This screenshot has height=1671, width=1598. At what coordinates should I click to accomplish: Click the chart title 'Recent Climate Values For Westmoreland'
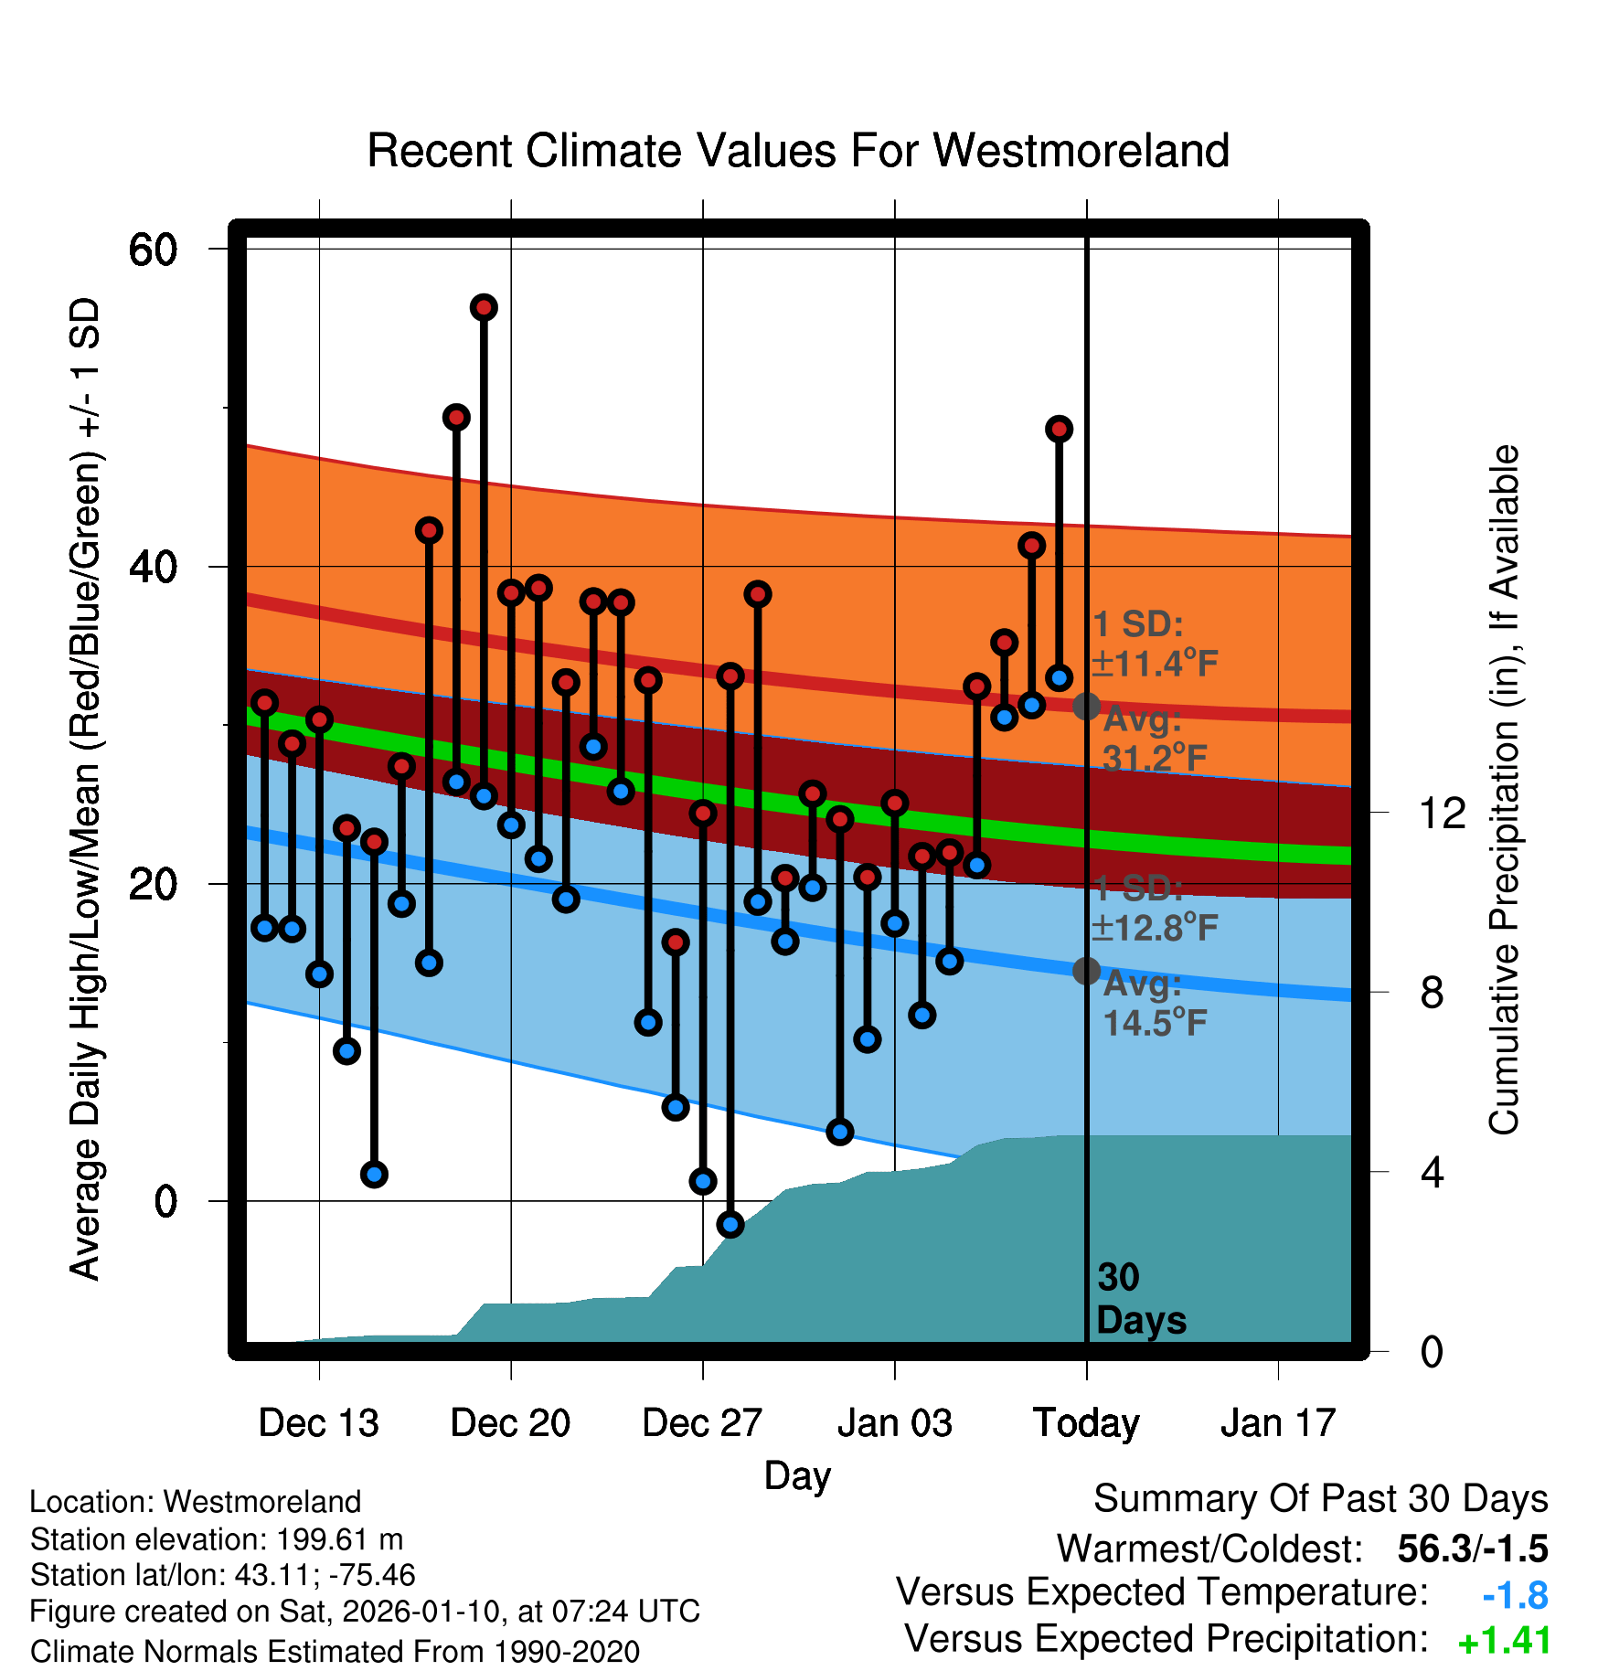[x=797, y=151]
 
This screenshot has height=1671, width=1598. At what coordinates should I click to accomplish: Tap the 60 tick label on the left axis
[x=153, y=250]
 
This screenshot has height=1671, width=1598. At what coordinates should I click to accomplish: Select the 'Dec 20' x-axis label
[x=510, y=1423]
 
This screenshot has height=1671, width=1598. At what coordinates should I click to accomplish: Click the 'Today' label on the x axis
[x=1086, y=1423]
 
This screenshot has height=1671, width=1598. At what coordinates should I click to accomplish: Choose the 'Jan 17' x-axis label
[x=1278, y=1423]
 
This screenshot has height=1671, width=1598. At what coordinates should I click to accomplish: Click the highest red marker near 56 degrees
[x=484, y=307]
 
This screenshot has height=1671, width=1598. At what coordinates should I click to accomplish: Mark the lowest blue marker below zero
[x=730, y=1224]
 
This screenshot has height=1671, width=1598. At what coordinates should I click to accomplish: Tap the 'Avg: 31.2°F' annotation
[x=1154, y=739]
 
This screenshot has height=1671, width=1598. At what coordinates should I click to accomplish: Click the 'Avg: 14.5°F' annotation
[x=1154, y=1004]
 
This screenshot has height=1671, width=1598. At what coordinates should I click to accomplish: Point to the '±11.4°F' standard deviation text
[x=1155, y=664]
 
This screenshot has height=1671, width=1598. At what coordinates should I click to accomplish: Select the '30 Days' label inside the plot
[x=1140, y=1299]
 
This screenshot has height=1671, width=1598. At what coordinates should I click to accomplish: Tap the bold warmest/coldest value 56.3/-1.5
[x=1472, y=1549]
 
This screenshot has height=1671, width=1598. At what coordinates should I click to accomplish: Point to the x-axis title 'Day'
[x=797, y=1475]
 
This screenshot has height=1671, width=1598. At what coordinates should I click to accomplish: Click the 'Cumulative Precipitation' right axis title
[x=1504, y=791]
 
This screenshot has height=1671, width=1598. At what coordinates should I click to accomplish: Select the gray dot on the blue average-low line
[x=1086, y=970]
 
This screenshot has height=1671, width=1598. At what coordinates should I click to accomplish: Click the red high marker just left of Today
[x=1059, y=429]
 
